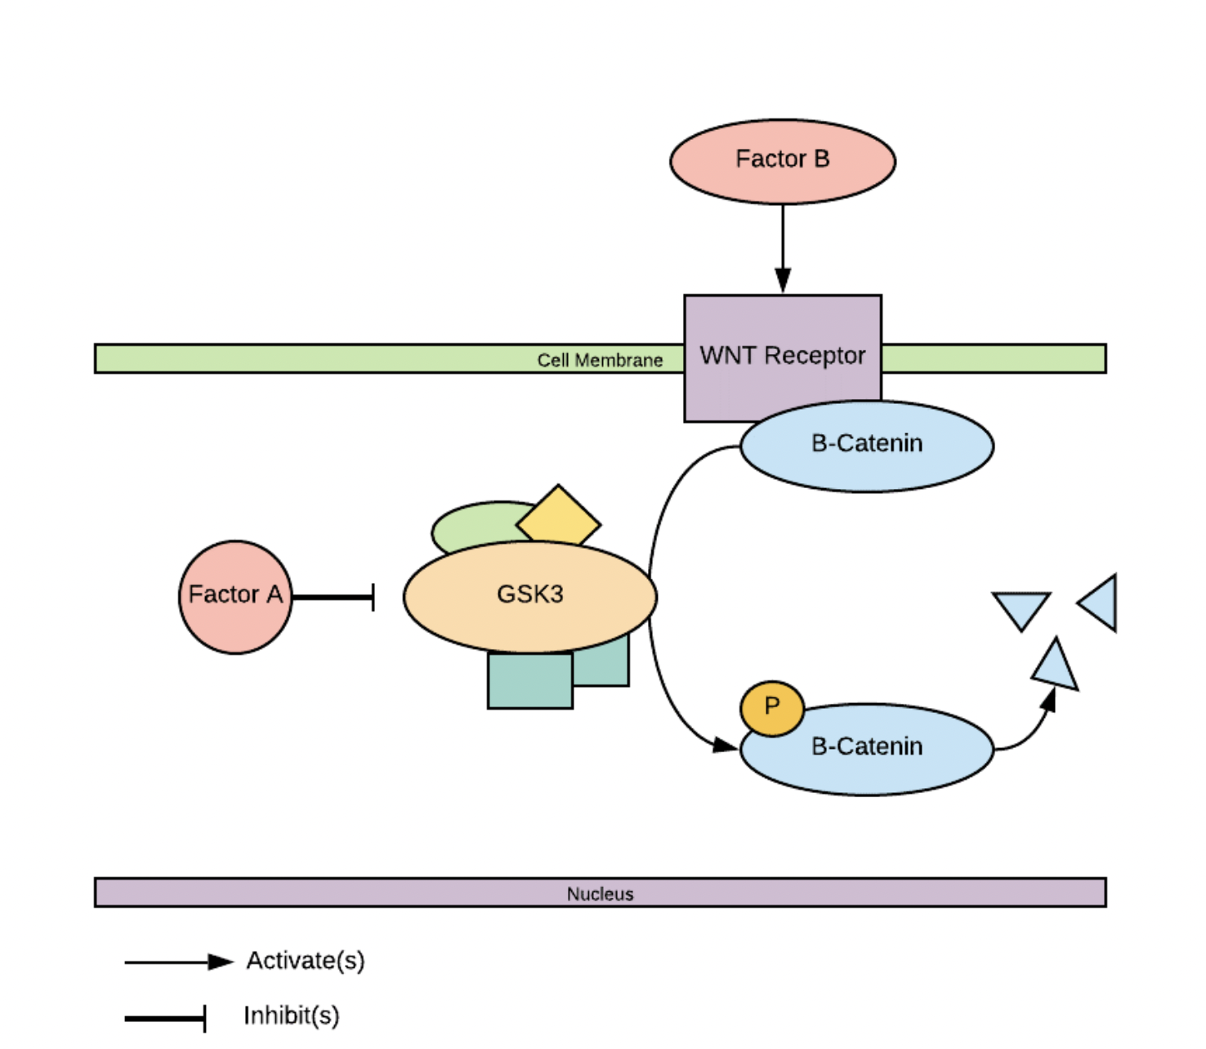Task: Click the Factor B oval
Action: pyautogui.click(x=782, y=161)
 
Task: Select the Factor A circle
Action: pyautogui.click(x=235, y=596)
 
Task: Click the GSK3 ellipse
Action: pyautogui.click(x=529, y=596)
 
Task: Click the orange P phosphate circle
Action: pyautogui.click(x=771, y=707)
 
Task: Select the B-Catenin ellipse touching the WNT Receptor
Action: pyautogui.click(x=867, y=446)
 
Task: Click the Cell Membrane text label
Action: pyautogui.click(x=600, y=360)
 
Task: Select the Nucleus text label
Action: pyautogui.click(x=600, y=894)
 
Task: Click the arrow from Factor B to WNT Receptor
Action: pyautogui.click(x=782, y=245)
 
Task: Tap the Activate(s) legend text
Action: pyautogui.click(x=306, y=961)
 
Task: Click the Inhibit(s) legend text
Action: pyautogui.click(x=292, y=1015)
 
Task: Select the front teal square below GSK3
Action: pyautogui.click(x=529, y=681)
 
